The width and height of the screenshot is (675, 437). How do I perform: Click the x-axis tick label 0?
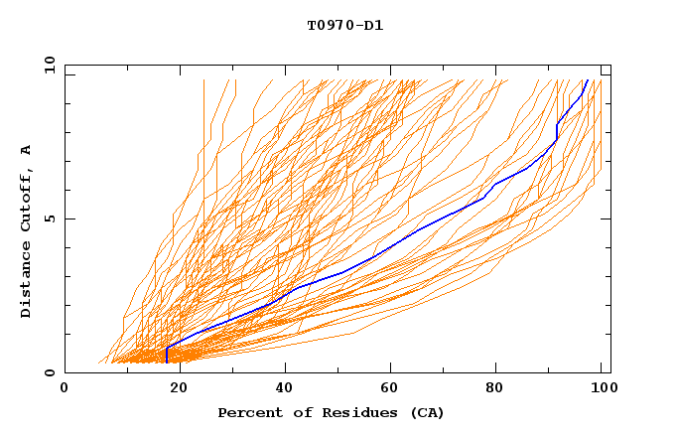click(x=65, y=389)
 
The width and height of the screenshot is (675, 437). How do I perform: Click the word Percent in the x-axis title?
click(x=248, y=412)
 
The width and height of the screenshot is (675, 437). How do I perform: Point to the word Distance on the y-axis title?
click(x=26, y=281)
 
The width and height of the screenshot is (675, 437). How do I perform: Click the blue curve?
click(x=397, y=243)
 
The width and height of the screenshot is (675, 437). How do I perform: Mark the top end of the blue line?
click(x=588, y=80)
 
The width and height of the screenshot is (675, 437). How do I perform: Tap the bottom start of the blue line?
click(x=167, y=362)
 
